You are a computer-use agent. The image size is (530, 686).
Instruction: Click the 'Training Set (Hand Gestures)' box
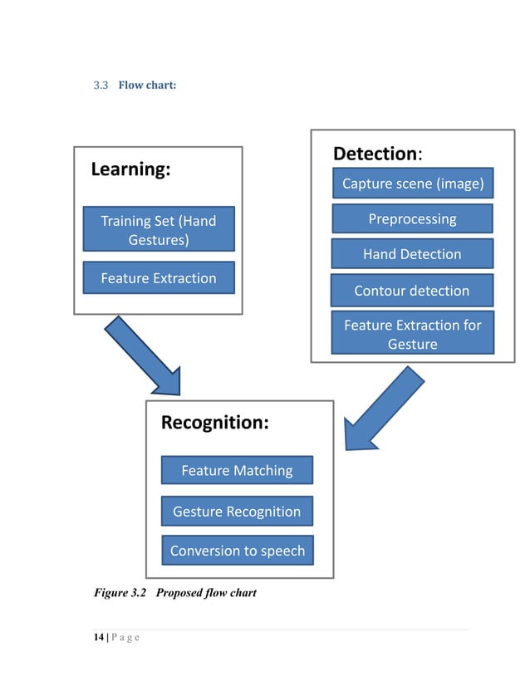(x=158, y=229)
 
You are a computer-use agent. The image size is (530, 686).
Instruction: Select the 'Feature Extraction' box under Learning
(x=158, y=278)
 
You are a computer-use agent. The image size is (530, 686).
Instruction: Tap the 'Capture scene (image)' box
(x=412, y=184)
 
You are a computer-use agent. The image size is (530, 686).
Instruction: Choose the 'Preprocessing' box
(x=412, y=219)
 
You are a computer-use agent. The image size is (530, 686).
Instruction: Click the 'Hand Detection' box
(x=412, y=254)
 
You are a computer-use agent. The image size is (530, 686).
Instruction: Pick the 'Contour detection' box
(x=412, y=291)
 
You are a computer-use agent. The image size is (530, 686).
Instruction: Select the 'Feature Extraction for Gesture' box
(x=412, y=334)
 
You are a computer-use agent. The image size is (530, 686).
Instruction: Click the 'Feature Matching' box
(x=237, y=471)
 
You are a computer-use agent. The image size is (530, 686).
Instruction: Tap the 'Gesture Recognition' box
(x=237, y=511)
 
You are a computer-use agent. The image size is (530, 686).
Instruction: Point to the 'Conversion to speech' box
(x=237, y=551)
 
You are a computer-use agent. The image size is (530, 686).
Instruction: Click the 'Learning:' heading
(x=130, y=169)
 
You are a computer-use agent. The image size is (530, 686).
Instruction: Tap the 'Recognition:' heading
(x=214, y=423)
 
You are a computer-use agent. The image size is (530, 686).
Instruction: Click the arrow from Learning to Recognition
(x=143, y=355)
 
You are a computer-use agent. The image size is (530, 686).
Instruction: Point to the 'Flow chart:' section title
(x=147, y=85)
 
